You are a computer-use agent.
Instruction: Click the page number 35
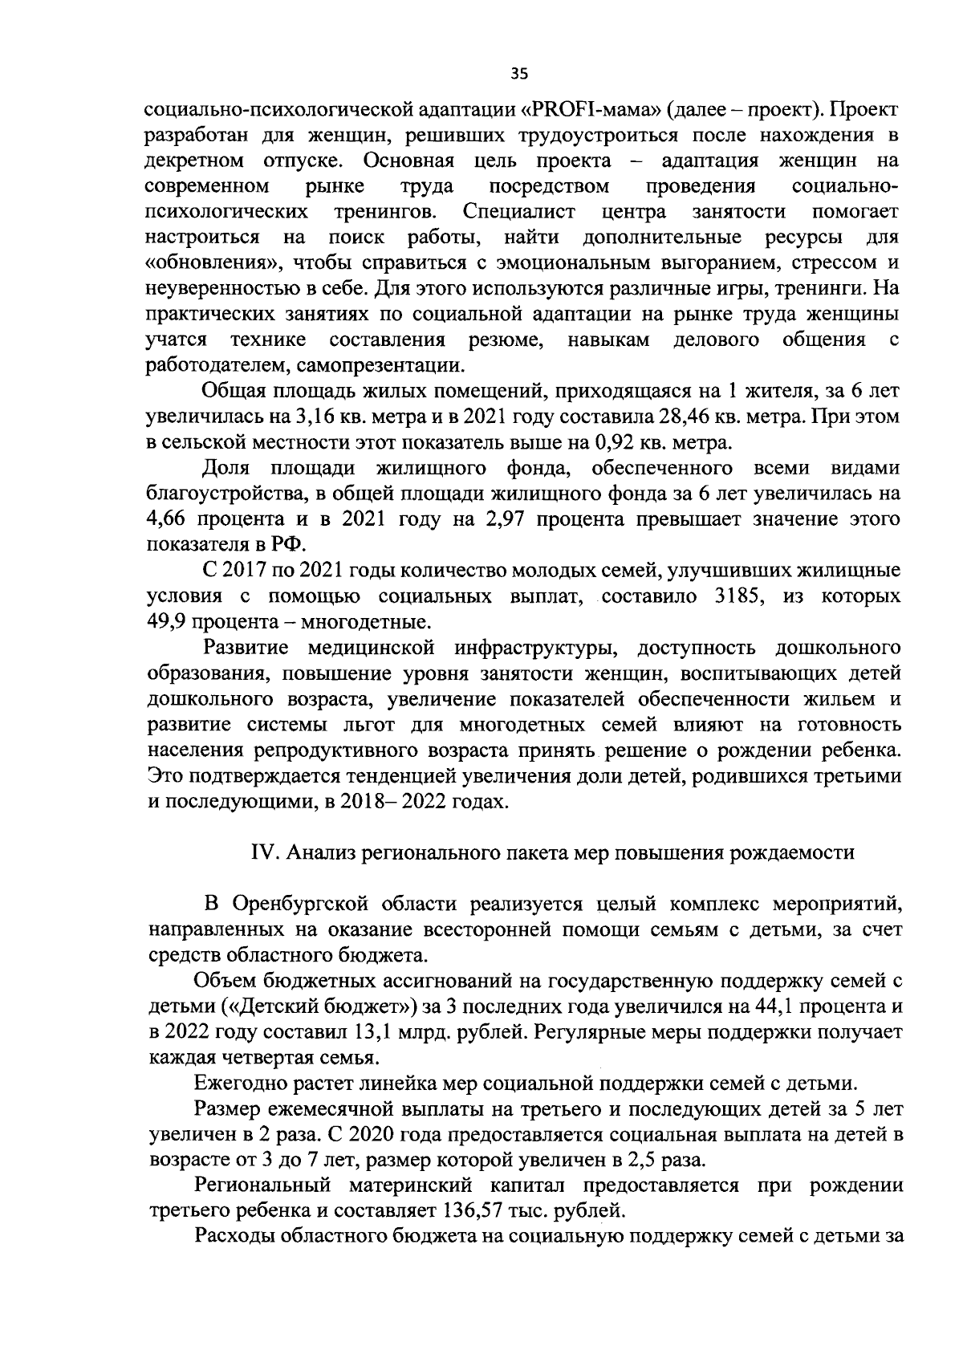(x=519, y=75)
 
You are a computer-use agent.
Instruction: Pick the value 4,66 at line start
(x=167, y=519)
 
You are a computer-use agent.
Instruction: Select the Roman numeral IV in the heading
(x=265, y=853)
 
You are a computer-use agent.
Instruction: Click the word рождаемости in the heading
(x=791, y=853)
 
